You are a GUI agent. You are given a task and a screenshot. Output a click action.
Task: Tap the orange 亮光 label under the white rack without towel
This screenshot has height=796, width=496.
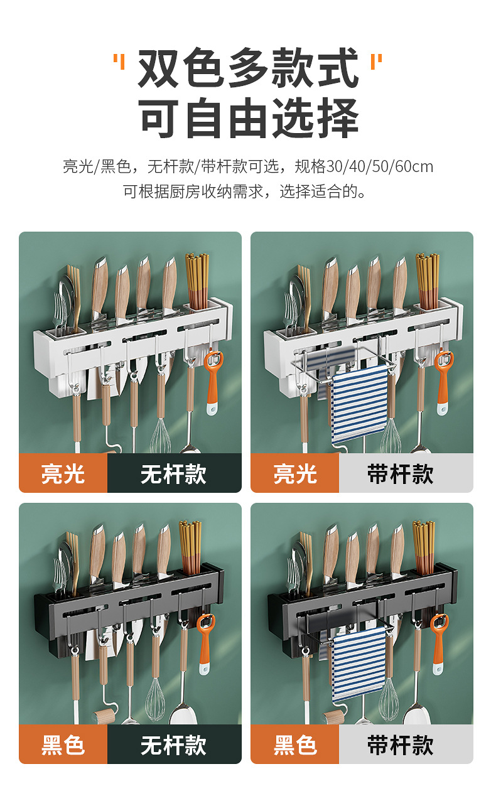click(63, 473)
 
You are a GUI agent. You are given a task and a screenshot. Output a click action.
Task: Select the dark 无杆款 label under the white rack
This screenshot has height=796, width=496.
click(174, 473)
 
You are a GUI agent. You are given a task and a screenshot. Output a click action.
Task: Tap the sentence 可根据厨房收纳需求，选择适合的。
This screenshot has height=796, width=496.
click(245, 191)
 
